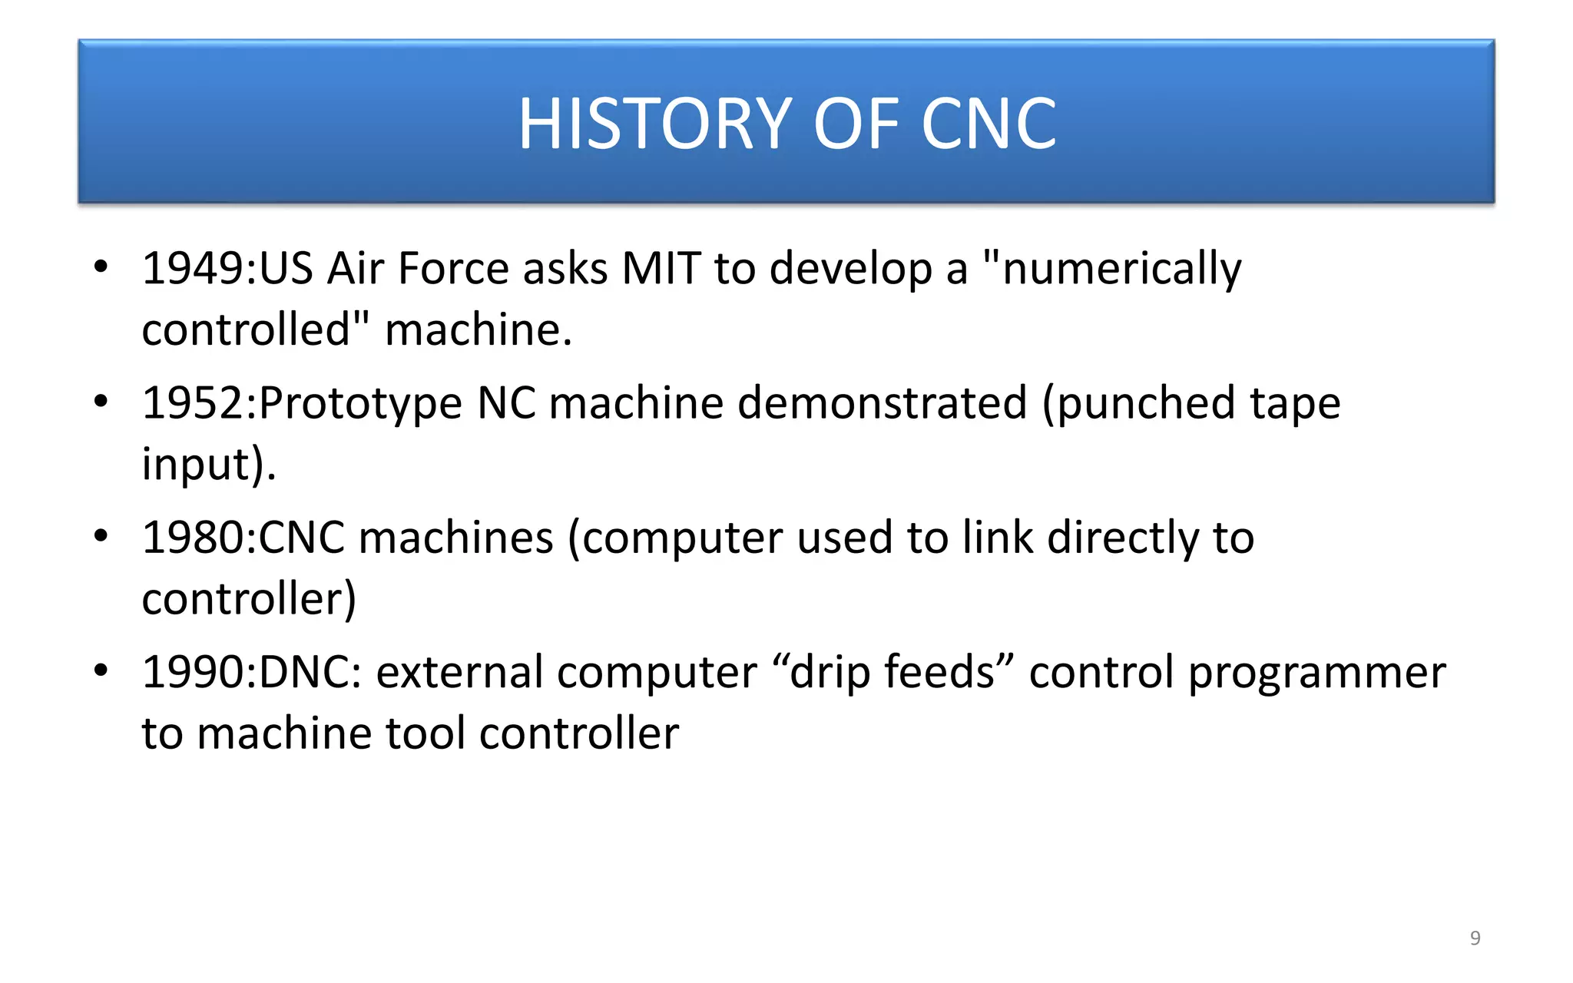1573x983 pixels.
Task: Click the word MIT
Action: [661, 269]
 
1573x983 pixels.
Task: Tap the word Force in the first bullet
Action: [453, 269]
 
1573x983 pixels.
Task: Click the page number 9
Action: [1475, 938]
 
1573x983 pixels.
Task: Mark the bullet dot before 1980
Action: [101, 535]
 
